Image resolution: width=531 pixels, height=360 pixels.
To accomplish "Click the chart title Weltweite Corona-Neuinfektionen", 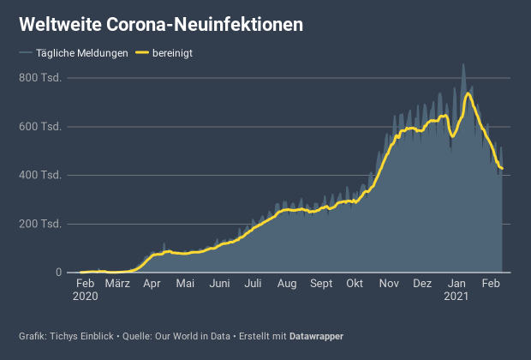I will click(x=161, y=25).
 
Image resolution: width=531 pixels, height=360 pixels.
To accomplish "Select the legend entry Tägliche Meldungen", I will click(x=82, y=53).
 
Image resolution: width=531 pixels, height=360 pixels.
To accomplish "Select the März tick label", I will click(x=117, y=284).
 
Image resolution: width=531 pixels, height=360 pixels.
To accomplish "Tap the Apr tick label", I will click(x=152, y=284).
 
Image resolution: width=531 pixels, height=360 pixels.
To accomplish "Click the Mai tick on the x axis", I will click(x=185, y=284).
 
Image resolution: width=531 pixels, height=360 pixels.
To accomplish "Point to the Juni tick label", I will click(x=219, y=284).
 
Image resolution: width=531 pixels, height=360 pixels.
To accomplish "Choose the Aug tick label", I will click(x=287, y=284).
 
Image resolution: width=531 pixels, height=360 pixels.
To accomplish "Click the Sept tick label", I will click(x=321, y=284).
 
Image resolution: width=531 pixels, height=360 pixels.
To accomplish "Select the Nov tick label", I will click(x=389, y=284).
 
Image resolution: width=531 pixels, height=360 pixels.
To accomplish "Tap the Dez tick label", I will click(x=422, y=284).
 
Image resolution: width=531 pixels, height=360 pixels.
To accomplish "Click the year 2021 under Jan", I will click(x=457, y=296).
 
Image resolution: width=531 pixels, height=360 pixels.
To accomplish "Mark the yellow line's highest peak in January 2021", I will click(x=468, y=93).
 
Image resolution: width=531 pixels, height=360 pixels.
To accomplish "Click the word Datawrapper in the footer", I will click(x=316, y=335).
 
